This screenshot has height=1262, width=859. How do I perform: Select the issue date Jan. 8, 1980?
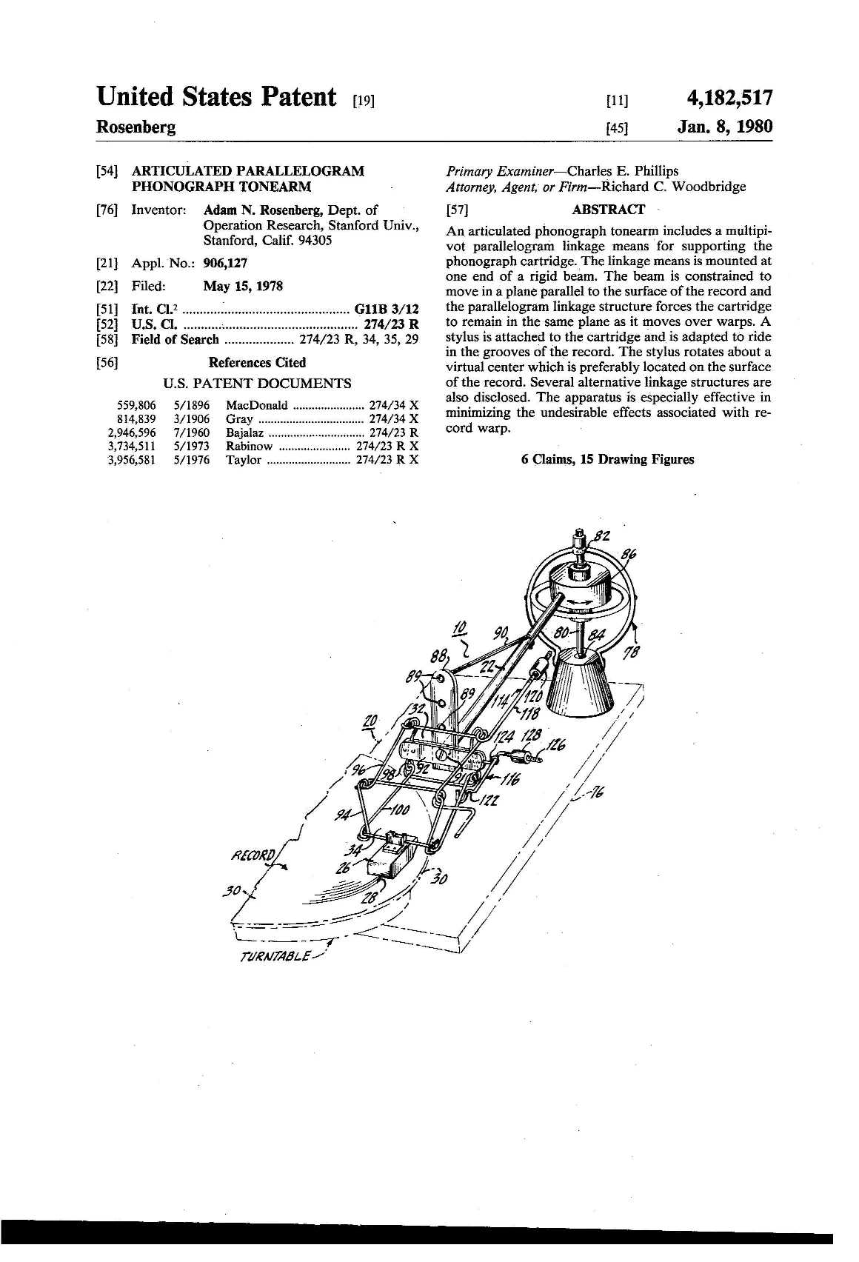725,127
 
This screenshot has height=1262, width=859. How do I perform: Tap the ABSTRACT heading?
608,210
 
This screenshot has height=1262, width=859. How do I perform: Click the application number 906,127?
225,263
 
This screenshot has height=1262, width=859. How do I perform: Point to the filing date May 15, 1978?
242,287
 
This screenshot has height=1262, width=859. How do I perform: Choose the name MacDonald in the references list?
256,405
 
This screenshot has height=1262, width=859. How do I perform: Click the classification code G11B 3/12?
387,310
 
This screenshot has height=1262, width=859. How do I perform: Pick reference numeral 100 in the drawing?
400,807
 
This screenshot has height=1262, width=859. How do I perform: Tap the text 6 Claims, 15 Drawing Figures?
608,459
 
